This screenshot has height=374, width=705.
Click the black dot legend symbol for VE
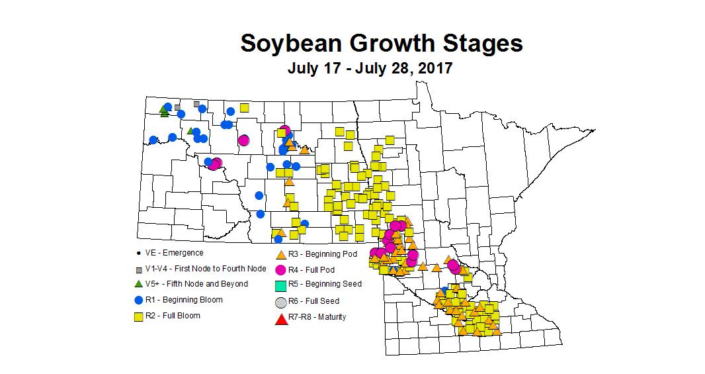(138, 253)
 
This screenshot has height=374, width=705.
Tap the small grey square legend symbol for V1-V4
(138, 269)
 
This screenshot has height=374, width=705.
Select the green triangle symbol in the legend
(138, 284)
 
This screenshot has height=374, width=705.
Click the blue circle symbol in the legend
(138, 300)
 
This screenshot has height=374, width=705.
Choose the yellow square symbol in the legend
(138, 316)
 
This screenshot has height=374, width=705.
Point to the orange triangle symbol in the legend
(280, 254)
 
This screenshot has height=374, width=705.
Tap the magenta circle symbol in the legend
(280, 269)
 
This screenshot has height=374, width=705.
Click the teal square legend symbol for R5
(280, 285)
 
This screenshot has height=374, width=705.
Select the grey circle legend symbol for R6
(280, 302)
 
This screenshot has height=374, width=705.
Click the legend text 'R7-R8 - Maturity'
(317, 317)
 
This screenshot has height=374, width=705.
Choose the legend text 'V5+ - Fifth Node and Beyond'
(196, 284)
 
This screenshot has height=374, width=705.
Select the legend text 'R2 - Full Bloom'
(173, 316)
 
